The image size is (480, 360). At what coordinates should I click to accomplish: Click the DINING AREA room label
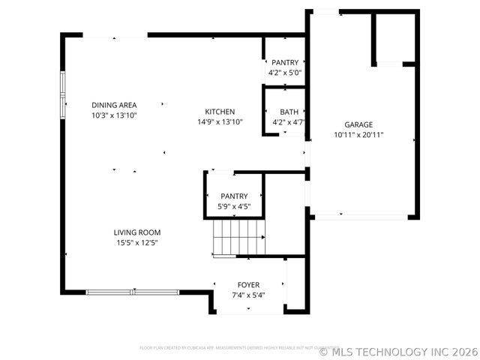[x=114, y=105]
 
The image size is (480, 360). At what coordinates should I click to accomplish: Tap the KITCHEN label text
[x=220, y=112]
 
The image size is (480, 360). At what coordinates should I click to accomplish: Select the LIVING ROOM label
[x=137, y=232]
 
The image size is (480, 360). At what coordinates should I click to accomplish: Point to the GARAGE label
[x=358, y=125]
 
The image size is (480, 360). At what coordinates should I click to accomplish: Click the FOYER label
[x=248, y=285]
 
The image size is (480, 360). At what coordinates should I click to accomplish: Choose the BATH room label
[x=289, y=112]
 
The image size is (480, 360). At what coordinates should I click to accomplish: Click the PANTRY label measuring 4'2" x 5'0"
[x=285, y=63]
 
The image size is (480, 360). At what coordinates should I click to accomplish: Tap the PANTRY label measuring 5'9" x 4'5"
[x=234, y=196]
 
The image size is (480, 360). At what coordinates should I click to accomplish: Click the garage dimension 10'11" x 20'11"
[x=358, y=135]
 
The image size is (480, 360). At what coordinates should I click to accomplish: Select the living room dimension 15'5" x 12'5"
[x=137, y=242]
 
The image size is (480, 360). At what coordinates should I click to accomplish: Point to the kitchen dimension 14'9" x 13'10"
[x=220, y=121]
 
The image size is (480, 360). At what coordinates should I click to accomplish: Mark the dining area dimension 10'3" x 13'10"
[x=114, y=115]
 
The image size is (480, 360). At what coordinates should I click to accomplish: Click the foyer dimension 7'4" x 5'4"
[x=248, y=295]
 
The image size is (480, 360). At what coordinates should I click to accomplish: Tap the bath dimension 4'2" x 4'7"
[x=289, y=121]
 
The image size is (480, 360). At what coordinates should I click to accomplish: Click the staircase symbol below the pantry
[x=239, y=238]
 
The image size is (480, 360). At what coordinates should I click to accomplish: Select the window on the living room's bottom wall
[x=132, y=292]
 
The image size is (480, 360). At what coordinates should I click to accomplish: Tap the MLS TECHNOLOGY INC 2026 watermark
[x=397, y=351]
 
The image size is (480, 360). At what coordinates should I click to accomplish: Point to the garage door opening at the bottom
[x=361, y=217]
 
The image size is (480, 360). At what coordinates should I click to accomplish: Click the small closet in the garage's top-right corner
[x=394, y=37]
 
